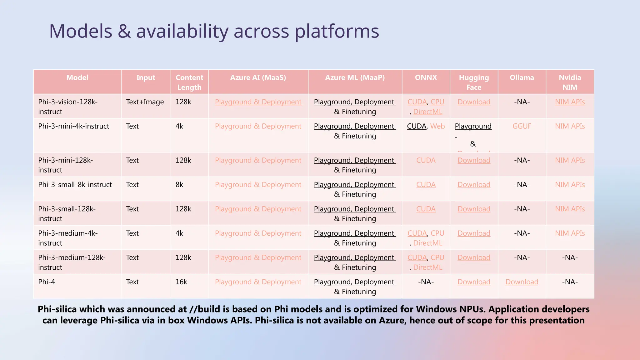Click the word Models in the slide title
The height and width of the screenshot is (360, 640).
pos(81,31)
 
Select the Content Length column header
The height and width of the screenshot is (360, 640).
pos(189,82)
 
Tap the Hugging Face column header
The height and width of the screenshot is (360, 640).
pos(474,82)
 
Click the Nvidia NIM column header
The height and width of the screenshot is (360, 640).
pos(570,82)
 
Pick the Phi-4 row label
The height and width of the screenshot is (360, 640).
pos(47,282)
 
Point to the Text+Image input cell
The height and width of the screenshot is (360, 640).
pos(145,102)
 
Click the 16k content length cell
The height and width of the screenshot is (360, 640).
pos(181,282)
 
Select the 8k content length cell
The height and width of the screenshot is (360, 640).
pos(179,185)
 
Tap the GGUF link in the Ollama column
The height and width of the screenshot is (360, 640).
pos(522,126)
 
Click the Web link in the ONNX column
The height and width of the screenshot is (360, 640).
pos(437,126)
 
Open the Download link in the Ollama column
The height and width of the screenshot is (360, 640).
pos(522,282)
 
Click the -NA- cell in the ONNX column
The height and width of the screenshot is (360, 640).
pos(426,282)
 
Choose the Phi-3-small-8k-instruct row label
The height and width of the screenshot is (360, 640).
pos(75,185)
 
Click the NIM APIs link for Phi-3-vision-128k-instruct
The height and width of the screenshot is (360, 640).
pos(570,102)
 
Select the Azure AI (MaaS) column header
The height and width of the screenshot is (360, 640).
pos(258,77)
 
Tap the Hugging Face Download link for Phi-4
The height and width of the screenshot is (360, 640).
pos(474,282)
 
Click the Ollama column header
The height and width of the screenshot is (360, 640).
pos(522,77)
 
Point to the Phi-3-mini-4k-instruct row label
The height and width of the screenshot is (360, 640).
pos(74,126)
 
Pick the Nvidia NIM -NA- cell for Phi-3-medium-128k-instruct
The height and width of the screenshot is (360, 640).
pos(570,257)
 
